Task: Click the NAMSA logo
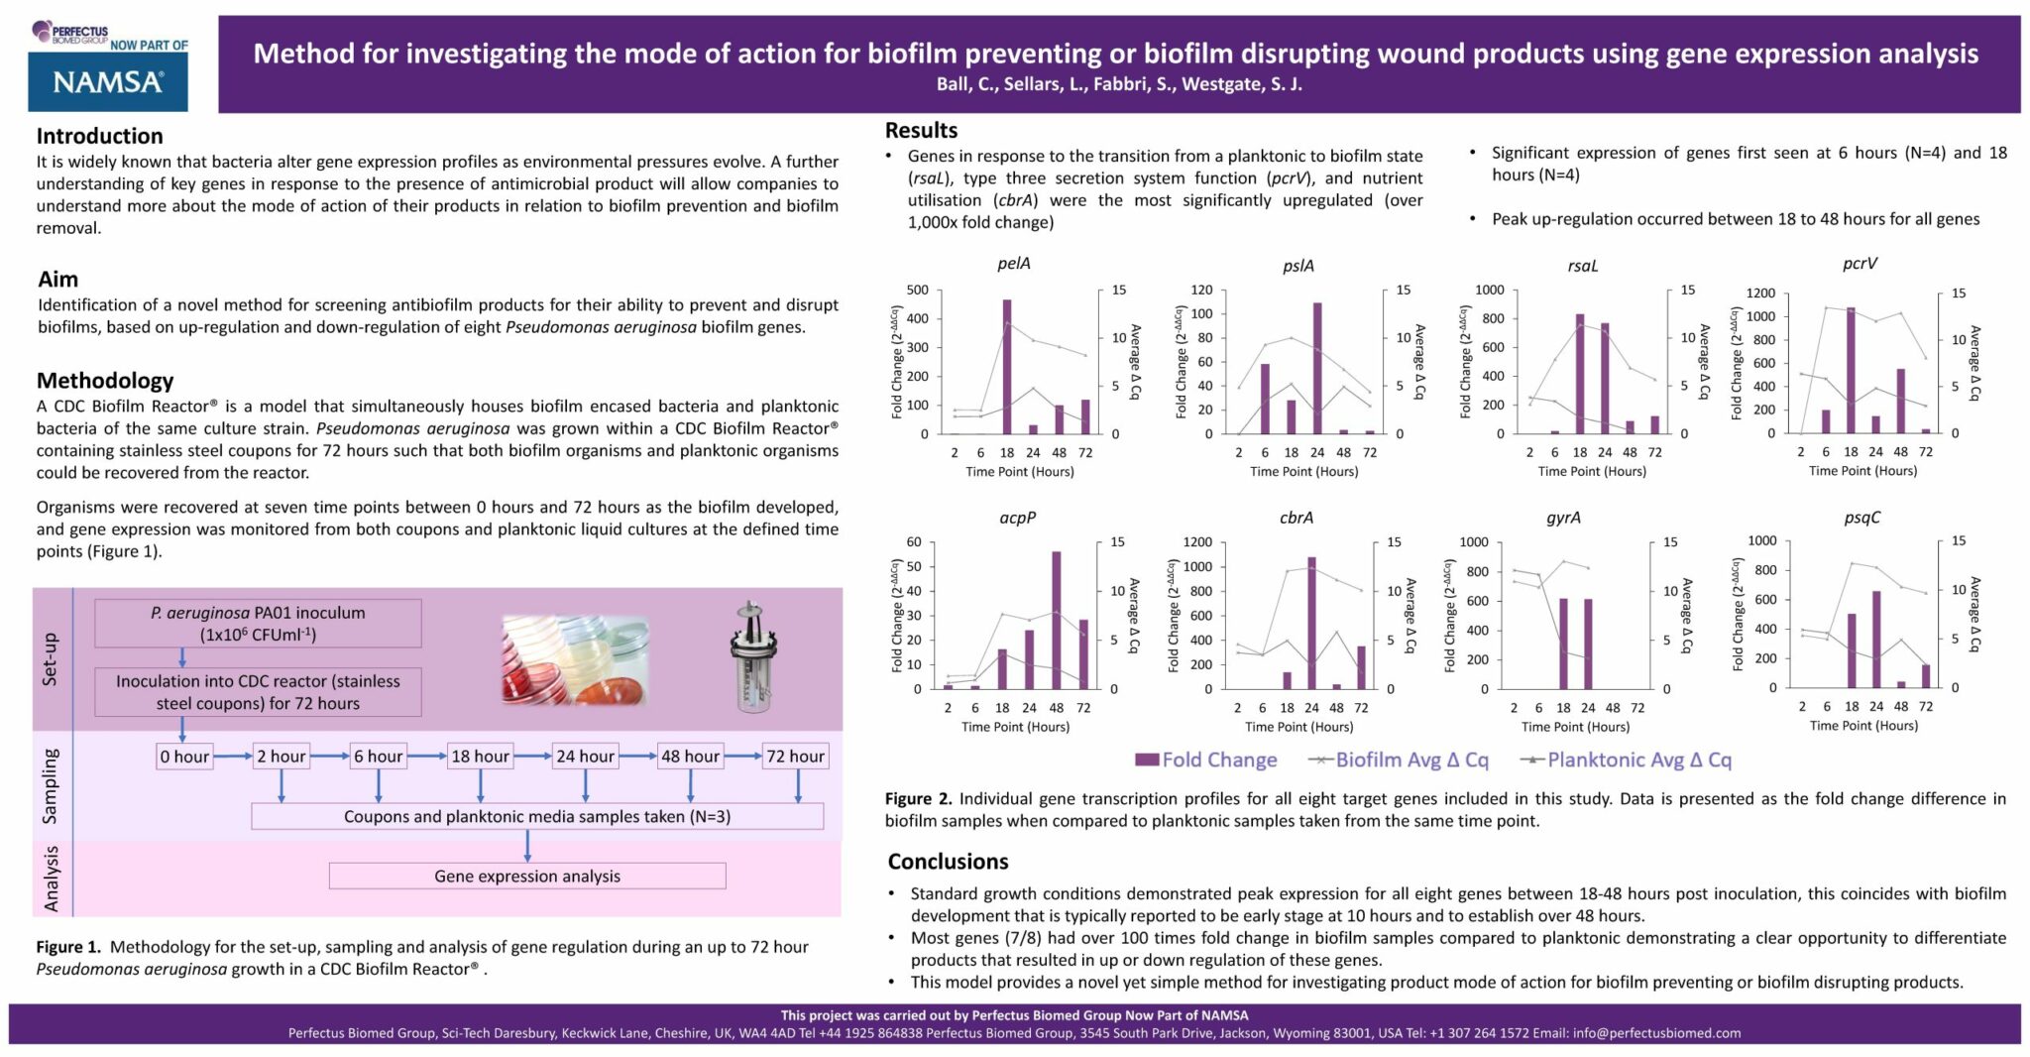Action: [x=108, y=81]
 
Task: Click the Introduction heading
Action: [x=99, y=136]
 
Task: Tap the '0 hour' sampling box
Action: [x=184, y=757]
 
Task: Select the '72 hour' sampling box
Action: [x=795, y=757]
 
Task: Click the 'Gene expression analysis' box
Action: [x=526, y=877]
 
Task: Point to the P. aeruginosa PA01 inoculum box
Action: [x=258, y=624]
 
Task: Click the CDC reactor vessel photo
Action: [x=750, y=657]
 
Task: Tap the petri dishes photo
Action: [x=575, y=658]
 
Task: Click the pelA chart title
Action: [x=1013, y=264]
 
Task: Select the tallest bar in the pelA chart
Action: [x=1007, y=367]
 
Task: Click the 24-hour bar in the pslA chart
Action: [x=1317, y=368]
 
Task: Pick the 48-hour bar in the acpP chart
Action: [x=1057, y=620]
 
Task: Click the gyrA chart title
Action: [x=1563, y=518]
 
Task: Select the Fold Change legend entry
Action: [x=1206, y=761]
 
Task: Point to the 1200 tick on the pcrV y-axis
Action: [x=1760, y=294]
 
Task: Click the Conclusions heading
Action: [x=948, y=862]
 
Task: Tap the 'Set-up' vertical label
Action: [x=51, y=659]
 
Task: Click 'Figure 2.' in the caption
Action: [x=918, y=799]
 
